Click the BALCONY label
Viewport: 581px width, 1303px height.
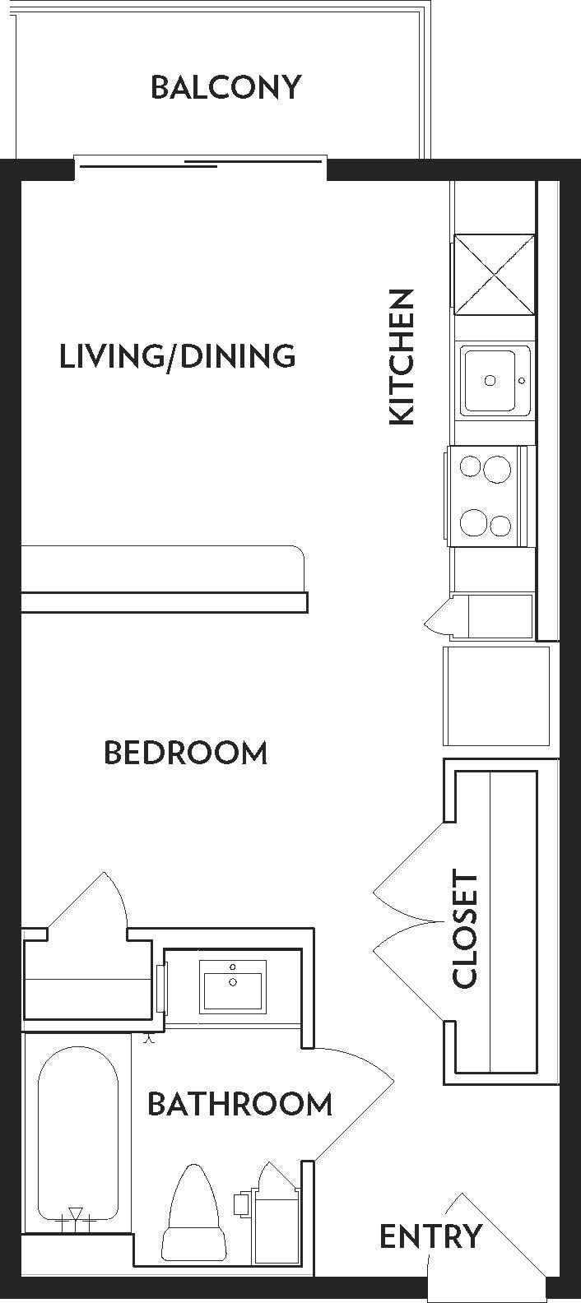pos(225,87)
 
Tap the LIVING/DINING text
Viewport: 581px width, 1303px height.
pos(178,356)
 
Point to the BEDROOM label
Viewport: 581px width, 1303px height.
pos(186,753)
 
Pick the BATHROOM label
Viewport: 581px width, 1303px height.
pos(239,1104)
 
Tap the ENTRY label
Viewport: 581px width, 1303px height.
pos(430,1236)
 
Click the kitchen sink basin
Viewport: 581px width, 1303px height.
pos(495,380)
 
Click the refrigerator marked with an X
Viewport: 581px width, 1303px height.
pos(495,274)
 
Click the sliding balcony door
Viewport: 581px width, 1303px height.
pos(201,162)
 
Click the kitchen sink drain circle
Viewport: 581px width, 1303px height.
pos(490,380)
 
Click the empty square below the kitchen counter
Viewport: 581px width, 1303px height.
pos(496,696)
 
